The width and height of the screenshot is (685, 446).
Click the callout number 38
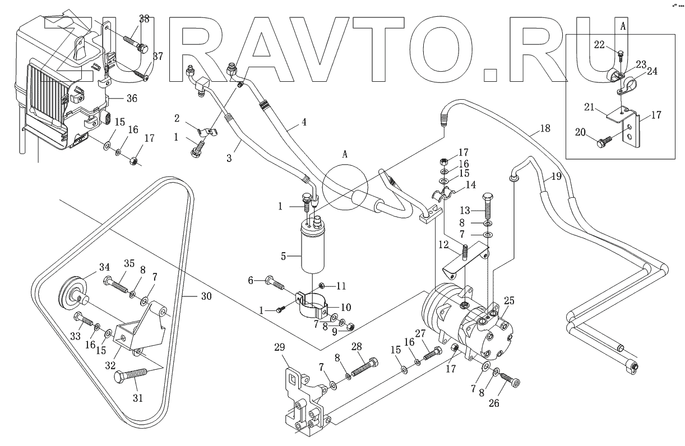coord(144,18)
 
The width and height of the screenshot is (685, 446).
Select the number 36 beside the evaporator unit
coord(132,98)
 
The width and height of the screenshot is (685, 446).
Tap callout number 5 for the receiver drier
coord(284,256)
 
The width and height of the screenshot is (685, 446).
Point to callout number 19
coord(555,176)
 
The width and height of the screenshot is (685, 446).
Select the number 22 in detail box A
coord(600,45)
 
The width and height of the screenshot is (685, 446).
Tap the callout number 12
coord(444,245)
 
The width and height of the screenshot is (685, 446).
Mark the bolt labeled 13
coord(485,212)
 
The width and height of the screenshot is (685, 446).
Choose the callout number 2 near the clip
coord(177,118)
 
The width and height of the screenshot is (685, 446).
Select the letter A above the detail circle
coord(345,154)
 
